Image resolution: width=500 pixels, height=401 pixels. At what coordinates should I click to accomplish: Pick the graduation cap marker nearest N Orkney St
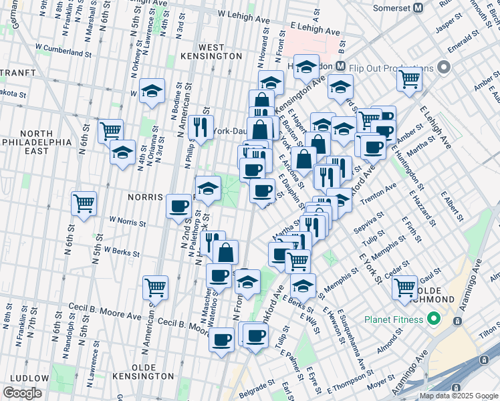(x=152, y=92)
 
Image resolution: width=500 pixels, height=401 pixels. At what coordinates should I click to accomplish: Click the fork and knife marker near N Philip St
(x=201, y=126)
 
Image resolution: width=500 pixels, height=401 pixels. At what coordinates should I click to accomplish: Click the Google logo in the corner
(x=22, y=393)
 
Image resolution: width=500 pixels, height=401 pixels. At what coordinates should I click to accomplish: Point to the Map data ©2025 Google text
(x=458, y=396)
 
